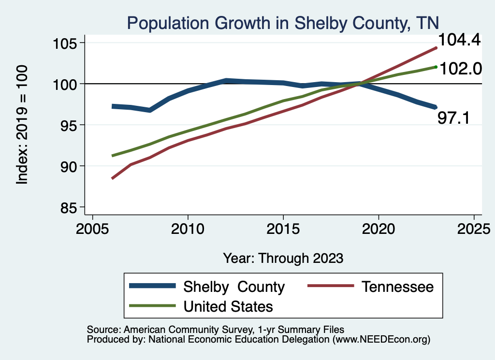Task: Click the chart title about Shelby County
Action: point(282,23)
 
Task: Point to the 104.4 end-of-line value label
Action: point(459,40)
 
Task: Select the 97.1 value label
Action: point(453,117)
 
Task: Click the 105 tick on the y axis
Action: point(67,43)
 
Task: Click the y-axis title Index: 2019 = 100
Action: point(22,125)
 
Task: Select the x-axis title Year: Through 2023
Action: point(283,258)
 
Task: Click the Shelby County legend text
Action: point(234,287)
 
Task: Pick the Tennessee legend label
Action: point(397,287)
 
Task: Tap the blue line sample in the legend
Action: point(152,287)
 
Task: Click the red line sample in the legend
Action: point(330,287)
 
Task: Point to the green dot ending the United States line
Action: point(436,67)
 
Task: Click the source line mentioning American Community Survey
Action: point(216,329)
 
